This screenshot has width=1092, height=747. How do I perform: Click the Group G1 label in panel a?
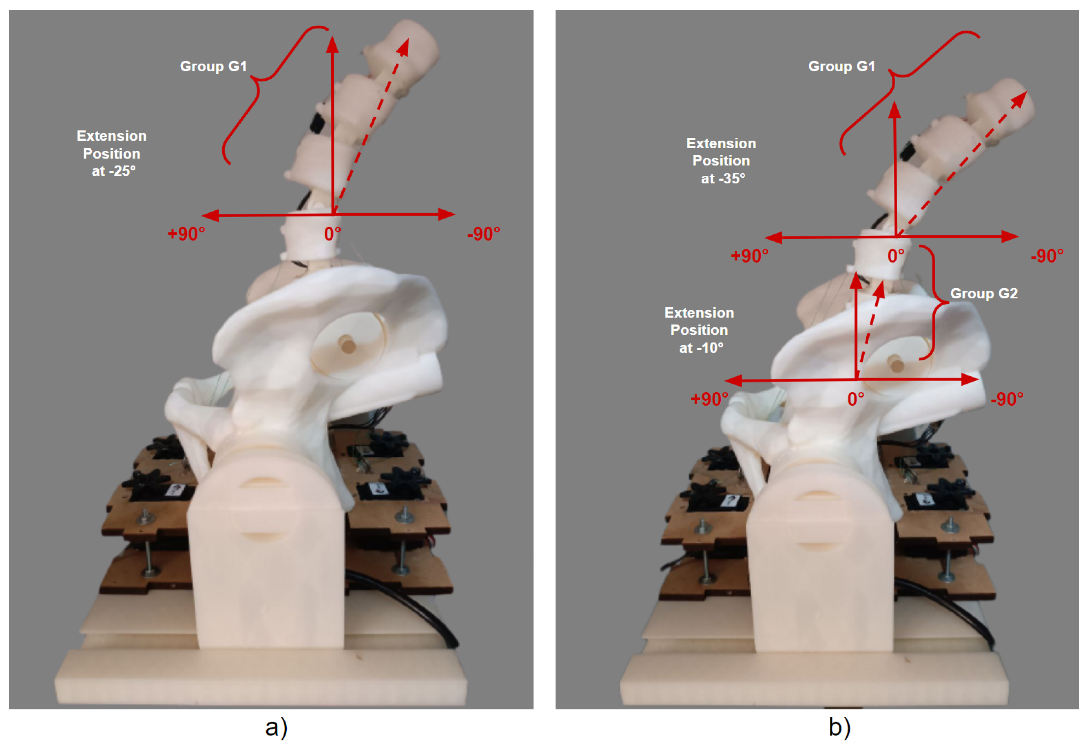click(x=213, y=66)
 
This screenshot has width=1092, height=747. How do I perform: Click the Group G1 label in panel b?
click(x=842, y=66)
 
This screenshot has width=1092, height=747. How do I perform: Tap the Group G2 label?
click(x=984, y=293)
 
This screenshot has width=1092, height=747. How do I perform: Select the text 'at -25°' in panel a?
click(x=113, y=171)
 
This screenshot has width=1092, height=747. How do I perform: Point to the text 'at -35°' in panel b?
click(x=723, y=179)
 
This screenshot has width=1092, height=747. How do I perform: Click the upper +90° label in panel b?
click(x=750, y=256)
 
